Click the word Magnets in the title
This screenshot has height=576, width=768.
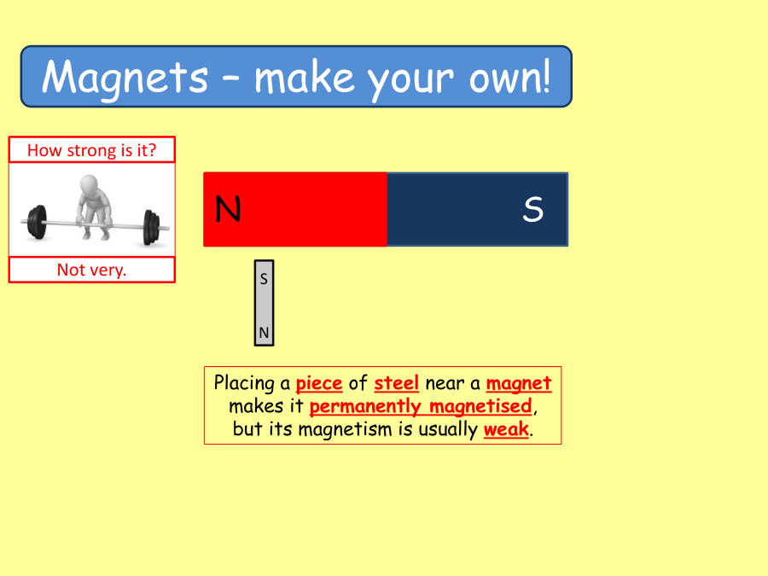(x=125, y=78)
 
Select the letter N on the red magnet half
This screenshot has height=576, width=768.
(x=228, y=209)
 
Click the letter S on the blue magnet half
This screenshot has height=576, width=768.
(x=532, y=210)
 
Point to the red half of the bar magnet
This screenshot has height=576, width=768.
(x=295, y=209)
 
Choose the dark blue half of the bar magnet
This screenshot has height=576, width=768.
(x=477, y=209)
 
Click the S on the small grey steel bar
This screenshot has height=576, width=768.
(x=264, y=278)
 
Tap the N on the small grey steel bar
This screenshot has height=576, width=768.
(x=264, y=332)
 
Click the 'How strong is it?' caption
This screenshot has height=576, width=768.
(x=91, y=150)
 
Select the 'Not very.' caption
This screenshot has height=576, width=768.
(x=91, y=270)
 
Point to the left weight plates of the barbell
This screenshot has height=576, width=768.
(x=36, y=224)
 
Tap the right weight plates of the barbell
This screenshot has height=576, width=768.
(x=151, y=227)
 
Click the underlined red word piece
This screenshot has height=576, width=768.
(x=318, y=383)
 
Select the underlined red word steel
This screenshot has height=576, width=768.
(x=396, y=383)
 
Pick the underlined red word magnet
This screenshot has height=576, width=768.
(x=519, y=383)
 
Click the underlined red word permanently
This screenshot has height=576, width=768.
(x=365, y=406)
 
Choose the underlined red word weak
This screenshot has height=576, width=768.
(x=506, y=429)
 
